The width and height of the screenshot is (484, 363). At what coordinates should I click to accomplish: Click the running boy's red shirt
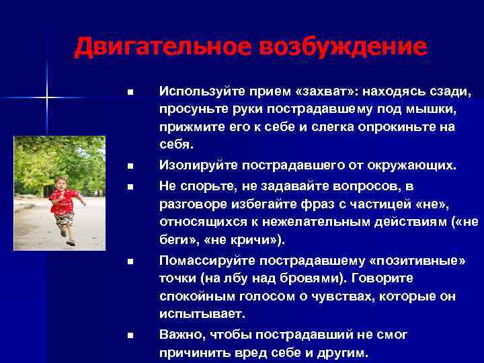click(65, 201)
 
